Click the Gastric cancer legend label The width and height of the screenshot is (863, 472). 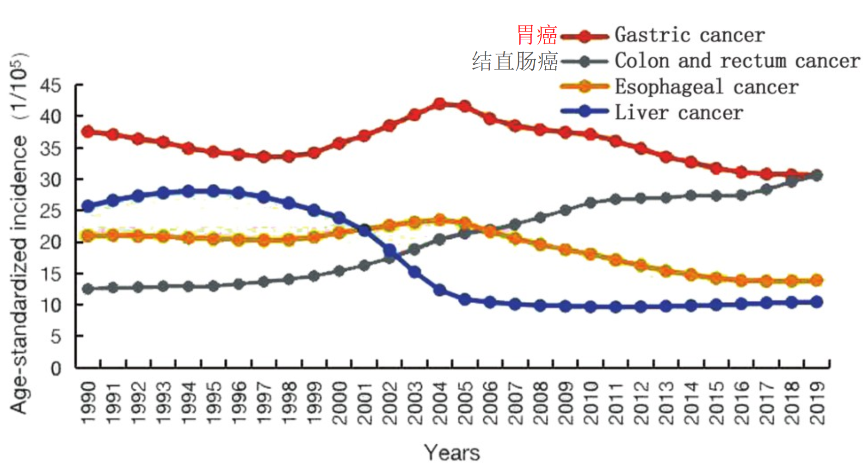(689, 35)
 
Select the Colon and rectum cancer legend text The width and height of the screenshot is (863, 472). (737, 61)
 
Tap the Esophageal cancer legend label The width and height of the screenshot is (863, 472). (706, 87)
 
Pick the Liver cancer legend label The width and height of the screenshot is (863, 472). (678, 113)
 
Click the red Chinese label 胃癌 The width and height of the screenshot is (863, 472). (536, 35)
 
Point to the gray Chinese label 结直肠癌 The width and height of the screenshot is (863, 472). (515, 61)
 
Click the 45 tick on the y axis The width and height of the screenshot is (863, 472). (50, 86)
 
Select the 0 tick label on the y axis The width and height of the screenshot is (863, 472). (55, 368)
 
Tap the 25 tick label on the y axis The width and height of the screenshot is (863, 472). (50, 211)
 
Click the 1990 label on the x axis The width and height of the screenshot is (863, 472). (88, 403)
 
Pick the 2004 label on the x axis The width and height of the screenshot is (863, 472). (440, 403)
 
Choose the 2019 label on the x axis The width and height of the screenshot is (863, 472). (817, 403)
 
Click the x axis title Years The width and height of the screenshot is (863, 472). (452, 453)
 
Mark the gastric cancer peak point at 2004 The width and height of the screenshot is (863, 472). (440, 104)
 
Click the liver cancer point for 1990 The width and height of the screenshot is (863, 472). (87, 206)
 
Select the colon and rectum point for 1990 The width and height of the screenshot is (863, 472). (87, 289)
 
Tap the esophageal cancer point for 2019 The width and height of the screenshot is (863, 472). (817, 280)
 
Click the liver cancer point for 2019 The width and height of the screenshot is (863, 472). (817, 302)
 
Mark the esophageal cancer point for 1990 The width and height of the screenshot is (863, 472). (87, 236)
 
